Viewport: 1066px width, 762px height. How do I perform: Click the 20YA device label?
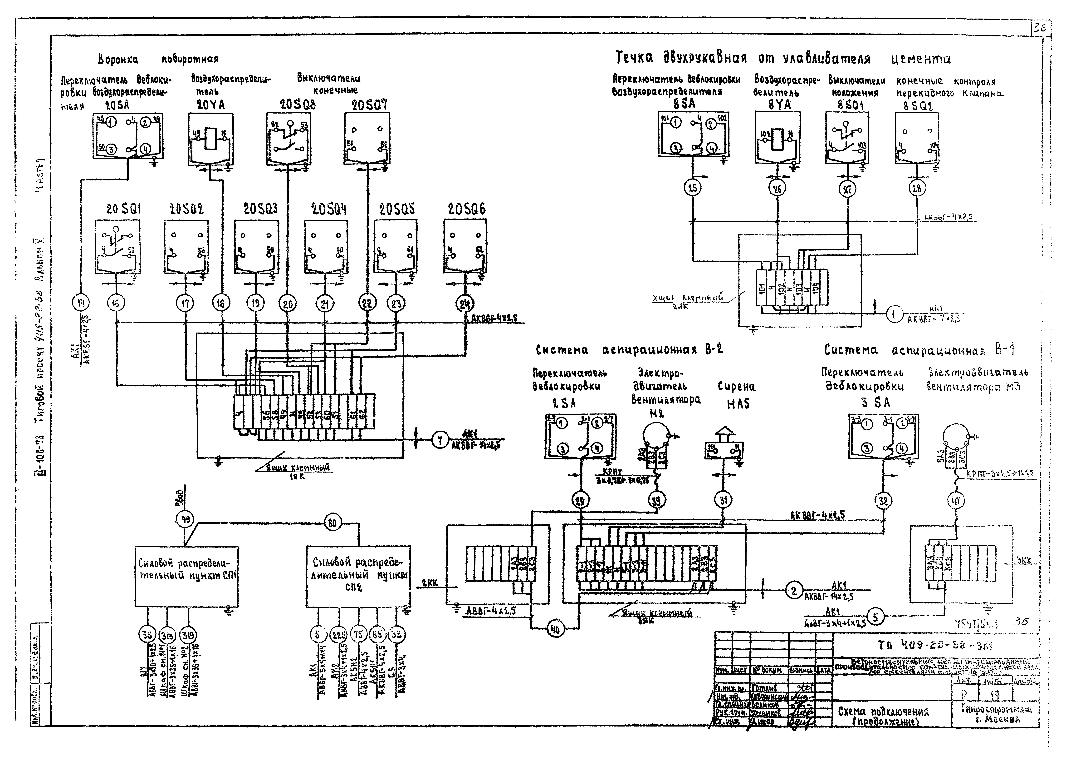211,105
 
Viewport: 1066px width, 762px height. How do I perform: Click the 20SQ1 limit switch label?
123,209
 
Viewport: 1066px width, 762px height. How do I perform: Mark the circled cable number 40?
556,630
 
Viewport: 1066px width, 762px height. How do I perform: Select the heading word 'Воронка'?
118,60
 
